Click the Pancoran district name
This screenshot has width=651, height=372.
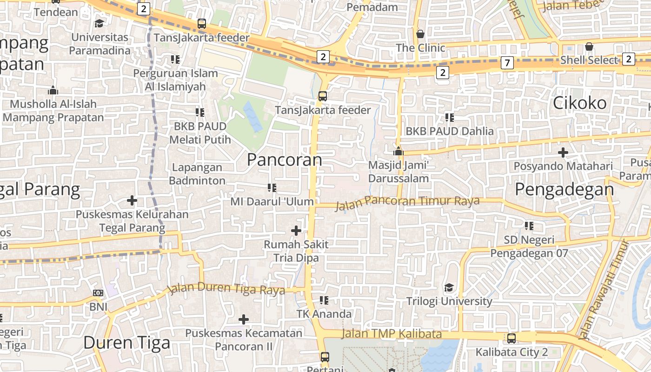284,160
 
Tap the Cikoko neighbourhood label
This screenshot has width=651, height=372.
579,103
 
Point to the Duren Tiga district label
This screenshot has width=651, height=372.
126,343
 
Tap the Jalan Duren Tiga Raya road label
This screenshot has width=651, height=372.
226,288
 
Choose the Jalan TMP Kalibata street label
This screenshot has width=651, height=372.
392,334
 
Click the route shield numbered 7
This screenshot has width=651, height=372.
507,62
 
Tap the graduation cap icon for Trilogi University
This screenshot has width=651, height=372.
449,287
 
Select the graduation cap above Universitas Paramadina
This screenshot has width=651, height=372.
99,23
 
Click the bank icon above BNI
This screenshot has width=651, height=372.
98,293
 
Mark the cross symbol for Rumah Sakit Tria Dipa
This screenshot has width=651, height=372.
296,230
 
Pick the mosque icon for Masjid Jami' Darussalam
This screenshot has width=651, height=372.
398,151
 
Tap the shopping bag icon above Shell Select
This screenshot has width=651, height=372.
589,46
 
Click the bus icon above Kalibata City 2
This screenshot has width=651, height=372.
511,338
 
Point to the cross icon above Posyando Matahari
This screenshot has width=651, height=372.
563,152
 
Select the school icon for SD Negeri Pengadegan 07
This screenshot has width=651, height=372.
529,226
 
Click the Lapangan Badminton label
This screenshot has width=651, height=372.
197,174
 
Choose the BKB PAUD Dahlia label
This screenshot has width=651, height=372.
450,131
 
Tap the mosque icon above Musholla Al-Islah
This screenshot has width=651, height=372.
53,90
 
